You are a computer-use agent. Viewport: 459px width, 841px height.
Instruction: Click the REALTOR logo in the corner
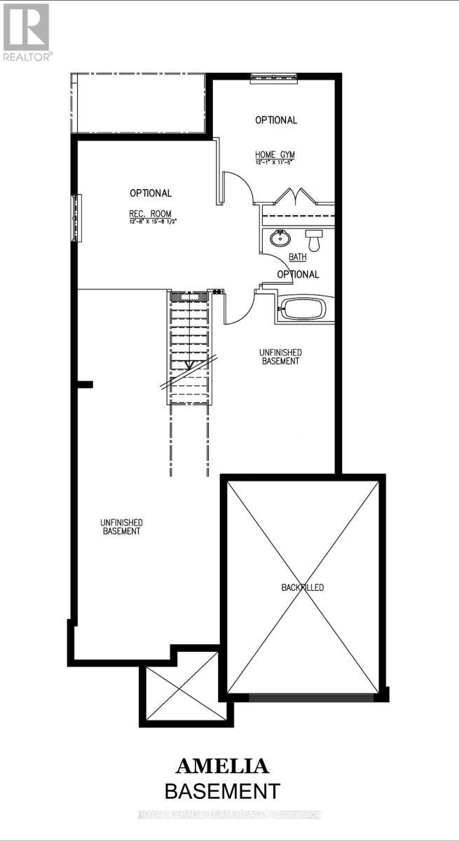[26, 32]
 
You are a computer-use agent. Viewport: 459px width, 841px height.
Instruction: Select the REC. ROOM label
[150, 214]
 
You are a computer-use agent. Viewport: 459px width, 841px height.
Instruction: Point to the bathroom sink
[279, 239]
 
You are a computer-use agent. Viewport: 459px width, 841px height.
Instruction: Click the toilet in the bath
[314, 240]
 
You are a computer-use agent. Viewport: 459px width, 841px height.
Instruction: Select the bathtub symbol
[306, 308]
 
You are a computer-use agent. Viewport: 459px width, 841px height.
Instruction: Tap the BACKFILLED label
[303, 587]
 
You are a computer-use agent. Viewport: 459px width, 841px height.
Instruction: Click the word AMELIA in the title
[222, 765]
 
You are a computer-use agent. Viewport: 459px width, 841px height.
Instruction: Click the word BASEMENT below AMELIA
[222, 791]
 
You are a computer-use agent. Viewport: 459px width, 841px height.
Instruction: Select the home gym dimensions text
[275, 162]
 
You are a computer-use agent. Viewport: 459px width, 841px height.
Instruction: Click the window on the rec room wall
[74, 217]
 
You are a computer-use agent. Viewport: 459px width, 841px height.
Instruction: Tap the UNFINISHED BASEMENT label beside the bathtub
[280, 357]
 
